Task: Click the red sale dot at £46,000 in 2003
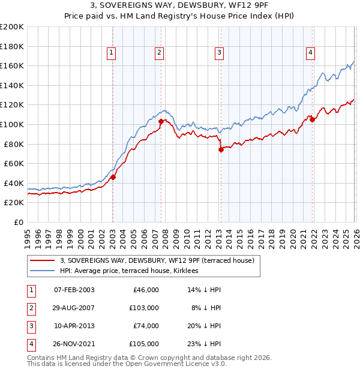coord(113,177)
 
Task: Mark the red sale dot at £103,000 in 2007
coord(161,121)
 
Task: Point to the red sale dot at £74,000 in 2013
coord(221,149)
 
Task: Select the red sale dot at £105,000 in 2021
coord(313,119)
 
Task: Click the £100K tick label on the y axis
coord(12,124)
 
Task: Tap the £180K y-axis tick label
coord(12,46)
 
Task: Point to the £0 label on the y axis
coord(18,222)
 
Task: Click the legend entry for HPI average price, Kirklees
coord(133,271)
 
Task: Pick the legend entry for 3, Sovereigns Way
coord(157,260)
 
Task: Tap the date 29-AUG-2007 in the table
coord(74,308)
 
